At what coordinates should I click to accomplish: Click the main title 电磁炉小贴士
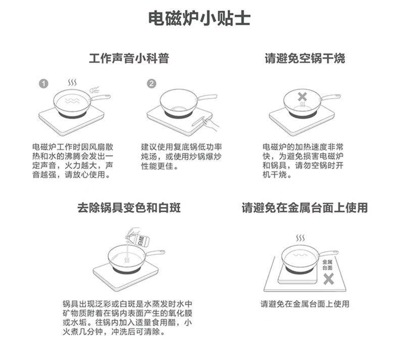pyautogui.click(x=199, y=19)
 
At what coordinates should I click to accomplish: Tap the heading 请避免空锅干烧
pyautogui.click(x=305, y=58)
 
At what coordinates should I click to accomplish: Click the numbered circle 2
pyautogui.click(x=152, y=83)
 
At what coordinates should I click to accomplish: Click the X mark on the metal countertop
pyautogui.click(x=328, y=278)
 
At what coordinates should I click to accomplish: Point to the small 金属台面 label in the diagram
pyautogui.click(x=327, y=264)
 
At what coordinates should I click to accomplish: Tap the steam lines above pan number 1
pyautogui.click(x=73, y=82)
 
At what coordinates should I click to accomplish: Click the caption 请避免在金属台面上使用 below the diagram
pyautogui.click(x=305, y=304)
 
